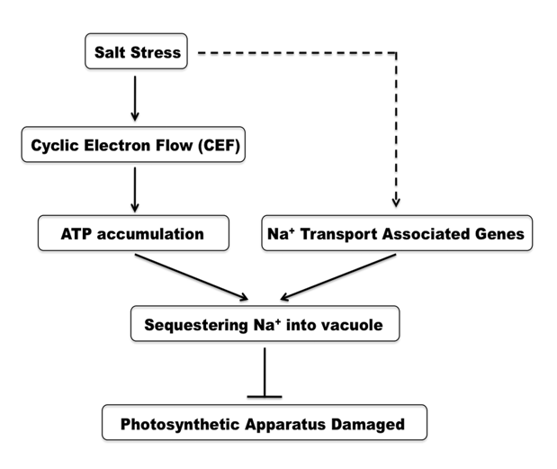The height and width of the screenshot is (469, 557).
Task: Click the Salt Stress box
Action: (x=138, y=52)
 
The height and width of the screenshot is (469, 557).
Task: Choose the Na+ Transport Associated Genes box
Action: (x=396, y=234)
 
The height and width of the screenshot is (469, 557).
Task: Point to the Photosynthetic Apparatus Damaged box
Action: (x=264, y=422)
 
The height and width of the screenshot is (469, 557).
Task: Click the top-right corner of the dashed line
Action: (x=396, y=52)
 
